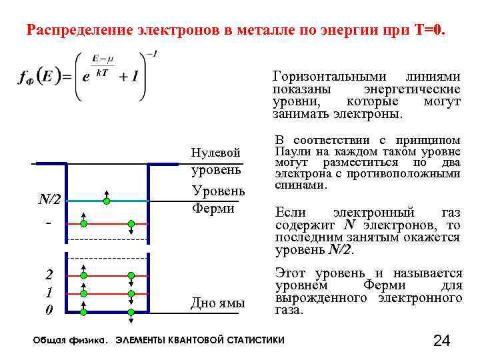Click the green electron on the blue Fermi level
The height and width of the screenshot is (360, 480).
click(106, 199)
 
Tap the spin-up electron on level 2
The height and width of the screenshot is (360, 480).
click(83, 275)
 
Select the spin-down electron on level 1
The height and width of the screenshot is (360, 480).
click(132, 293)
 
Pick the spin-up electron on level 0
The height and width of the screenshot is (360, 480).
click(83, 311)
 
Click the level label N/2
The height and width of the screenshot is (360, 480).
click(49, 199)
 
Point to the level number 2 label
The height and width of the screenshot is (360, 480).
click(49, 275)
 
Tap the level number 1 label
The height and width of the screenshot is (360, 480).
click(49, 293)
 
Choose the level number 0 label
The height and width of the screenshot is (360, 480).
click(49, 311)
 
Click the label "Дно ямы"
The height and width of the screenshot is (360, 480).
click(218, 303)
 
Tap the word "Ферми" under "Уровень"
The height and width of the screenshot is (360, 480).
click(213, 209)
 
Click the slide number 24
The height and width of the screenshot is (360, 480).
click(441, 341)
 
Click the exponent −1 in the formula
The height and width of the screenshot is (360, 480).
click(152, 53)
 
